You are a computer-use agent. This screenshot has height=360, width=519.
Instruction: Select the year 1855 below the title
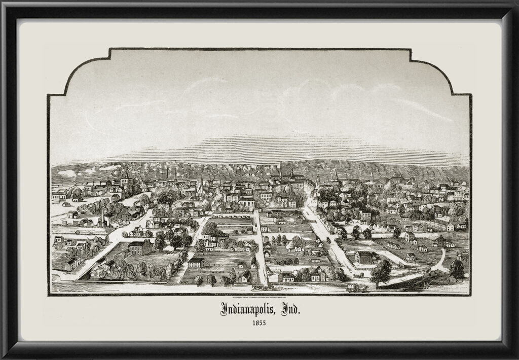(259, 322)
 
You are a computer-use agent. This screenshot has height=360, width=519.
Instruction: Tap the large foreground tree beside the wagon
(381, 273)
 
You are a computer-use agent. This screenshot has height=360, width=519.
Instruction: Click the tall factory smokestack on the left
(103, 218)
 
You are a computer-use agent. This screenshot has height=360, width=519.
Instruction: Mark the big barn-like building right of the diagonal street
(366, 257)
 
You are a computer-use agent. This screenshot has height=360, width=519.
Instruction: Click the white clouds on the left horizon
(68, 173)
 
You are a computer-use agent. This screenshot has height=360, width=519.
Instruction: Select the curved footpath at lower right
(440, 263)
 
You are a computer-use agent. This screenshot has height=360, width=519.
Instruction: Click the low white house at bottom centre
(286, 277)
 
